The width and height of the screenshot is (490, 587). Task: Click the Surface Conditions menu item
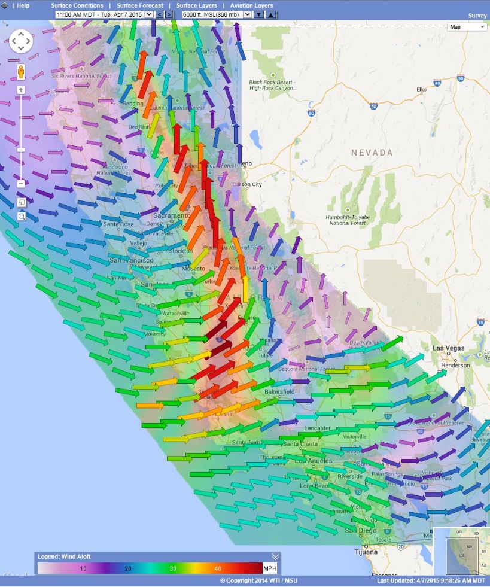coord(77,5)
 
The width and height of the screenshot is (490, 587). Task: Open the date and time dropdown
coord(104,14)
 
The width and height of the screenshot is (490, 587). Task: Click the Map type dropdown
coord(467,26)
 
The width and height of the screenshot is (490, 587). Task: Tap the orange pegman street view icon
coord(21,73)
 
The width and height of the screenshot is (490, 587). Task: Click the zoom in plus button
coord(21,90)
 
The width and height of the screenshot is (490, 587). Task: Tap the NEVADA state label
coord(372,153)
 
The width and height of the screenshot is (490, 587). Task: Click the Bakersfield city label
coord(280,391)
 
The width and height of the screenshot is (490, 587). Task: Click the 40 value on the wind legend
coord(218,568)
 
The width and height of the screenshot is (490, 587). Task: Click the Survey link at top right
coord(477,16)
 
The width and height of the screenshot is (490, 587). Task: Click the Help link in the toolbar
coord(23,5)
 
